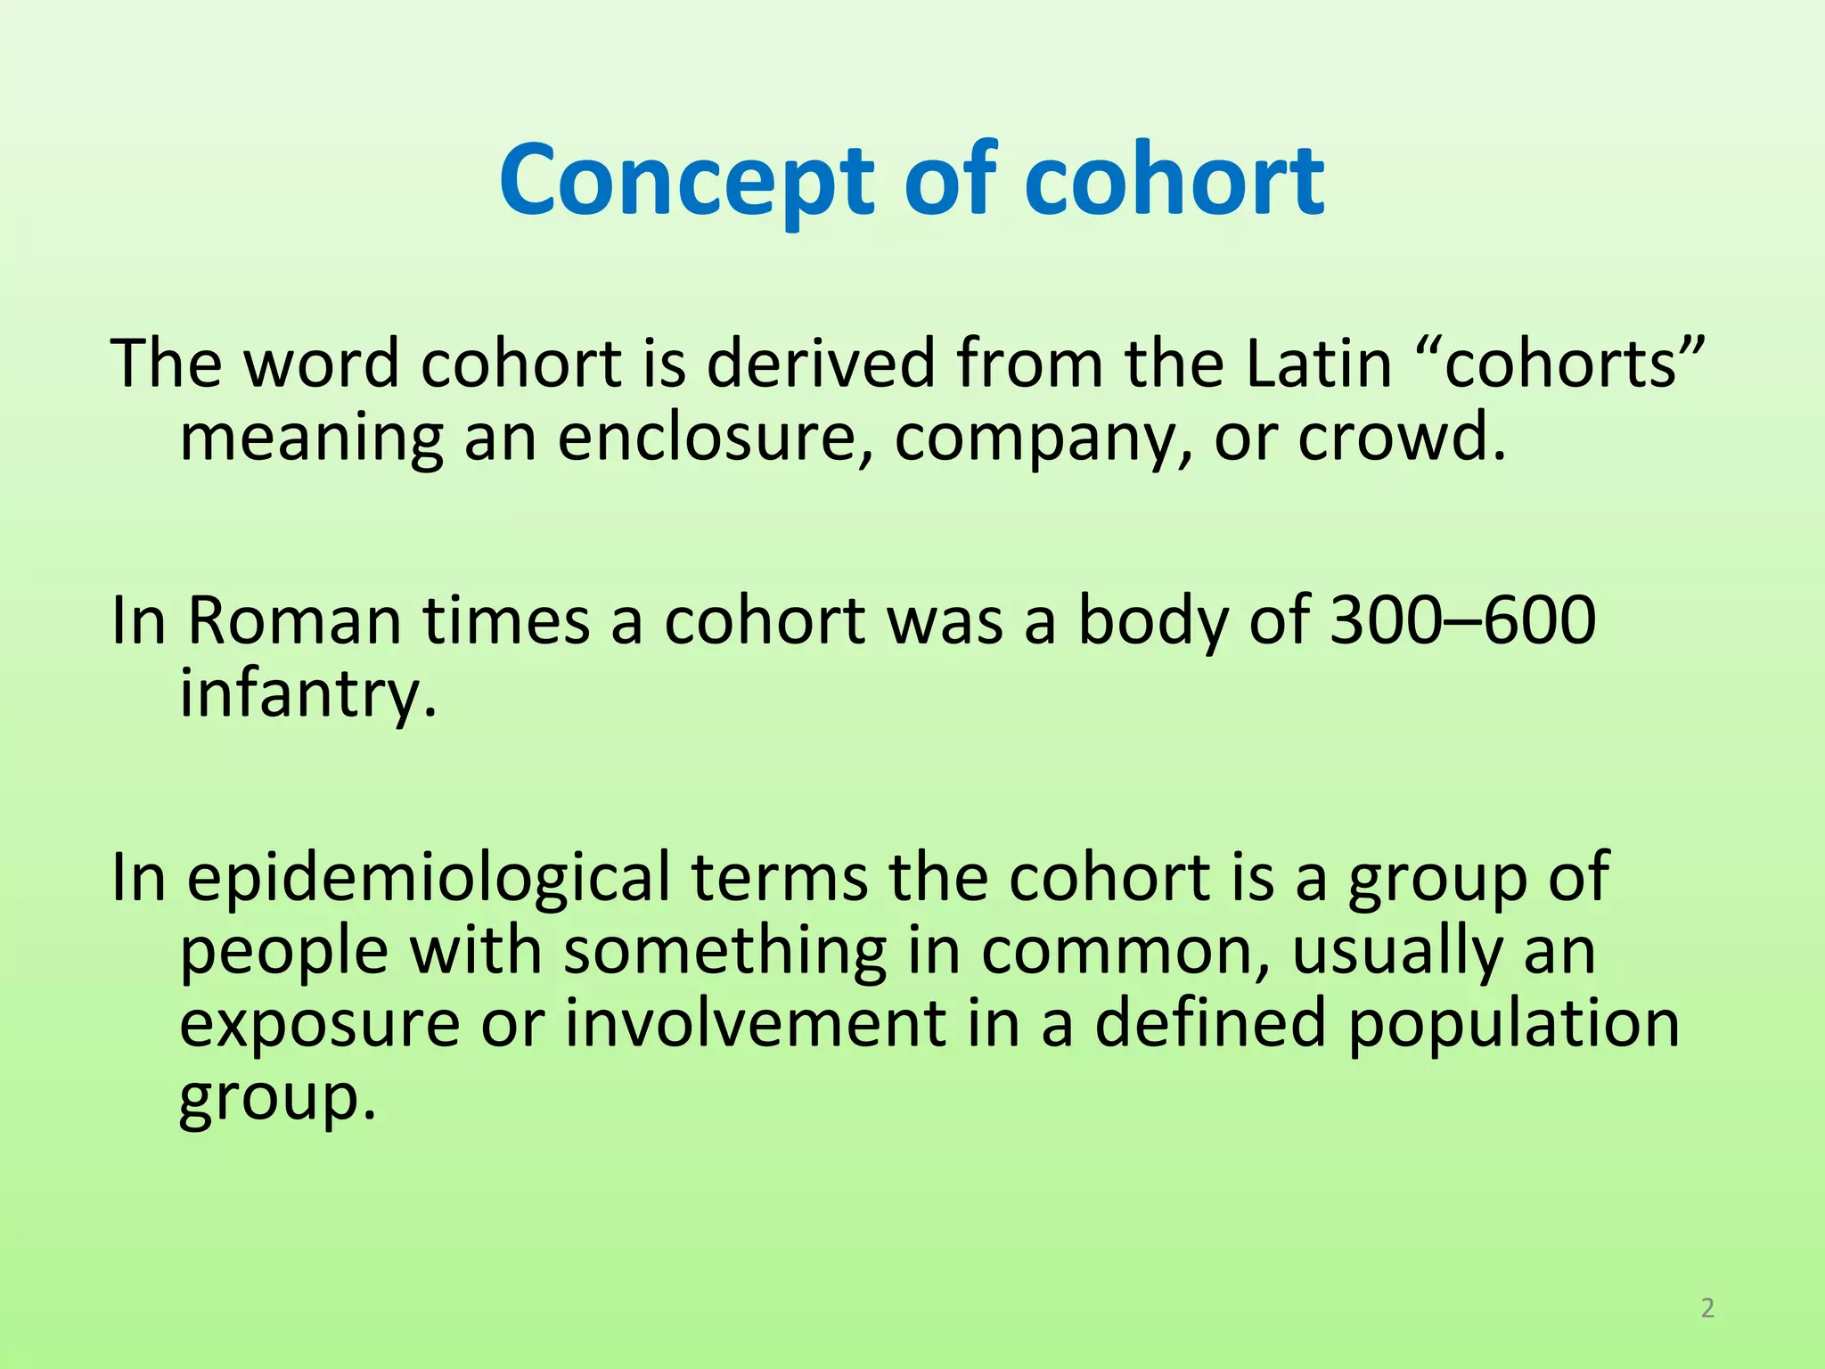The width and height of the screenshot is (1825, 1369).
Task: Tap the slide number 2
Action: (x=1707, y=1308)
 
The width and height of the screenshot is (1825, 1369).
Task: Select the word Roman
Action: (x=294, y=620)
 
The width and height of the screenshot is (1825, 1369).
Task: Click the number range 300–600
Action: (x=1462, y=620)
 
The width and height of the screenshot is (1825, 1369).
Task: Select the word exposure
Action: (x=320, y=1025)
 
